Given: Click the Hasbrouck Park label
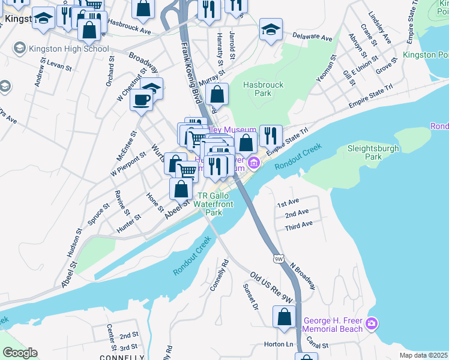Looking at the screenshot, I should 263,89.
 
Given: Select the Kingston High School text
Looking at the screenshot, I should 71,49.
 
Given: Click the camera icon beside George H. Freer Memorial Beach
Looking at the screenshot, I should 372,324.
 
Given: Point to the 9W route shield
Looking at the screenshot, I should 278,259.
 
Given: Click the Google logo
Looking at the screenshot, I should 20,353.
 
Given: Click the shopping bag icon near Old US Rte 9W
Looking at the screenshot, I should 285,316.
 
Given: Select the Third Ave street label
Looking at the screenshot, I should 298,224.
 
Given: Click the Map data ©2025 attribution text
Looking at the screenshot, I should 424,355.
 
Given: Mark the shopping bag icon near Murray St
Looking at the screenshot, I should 217,94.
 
